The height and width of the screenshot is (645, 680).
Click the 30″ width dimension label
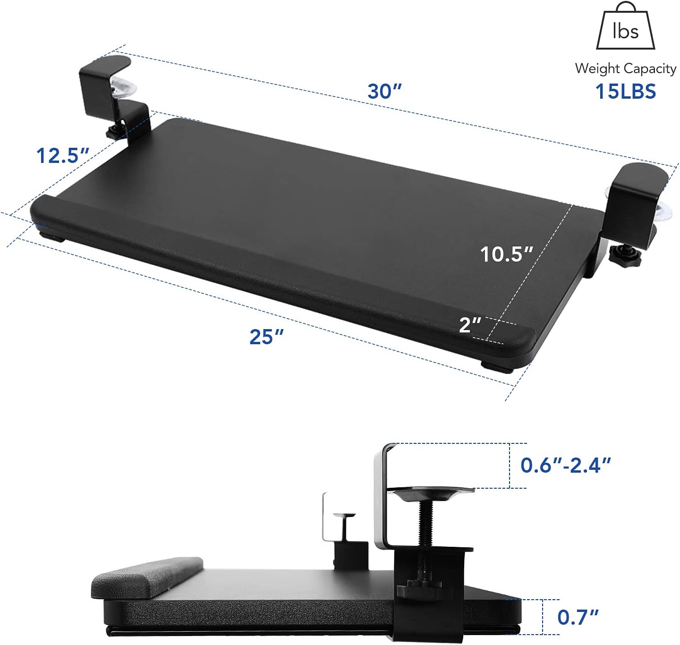tap(384, 91)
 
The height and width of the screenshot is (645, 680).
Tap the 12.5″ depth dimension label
tap(63, 156)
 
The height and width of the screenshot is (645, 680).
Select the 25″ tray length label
tap(267, 337)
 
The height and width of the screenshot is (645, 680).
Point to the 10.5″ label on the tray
tap(506, 255)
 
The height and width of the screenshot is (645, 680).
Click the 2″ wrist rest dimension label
tap(470, 325)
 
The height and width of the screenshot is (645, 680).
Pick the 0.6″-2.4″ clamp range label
tap(565, 465)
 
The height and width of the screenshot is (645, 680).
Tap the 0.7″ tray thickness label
tap(578, 617)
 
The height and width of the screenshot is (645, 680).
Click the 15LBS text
tap(625, 92)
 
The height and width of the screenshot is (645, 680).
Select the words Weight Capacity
tap(625, 69)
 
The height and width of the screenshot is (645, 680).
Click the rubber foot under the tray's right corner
tap(492, 365)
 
